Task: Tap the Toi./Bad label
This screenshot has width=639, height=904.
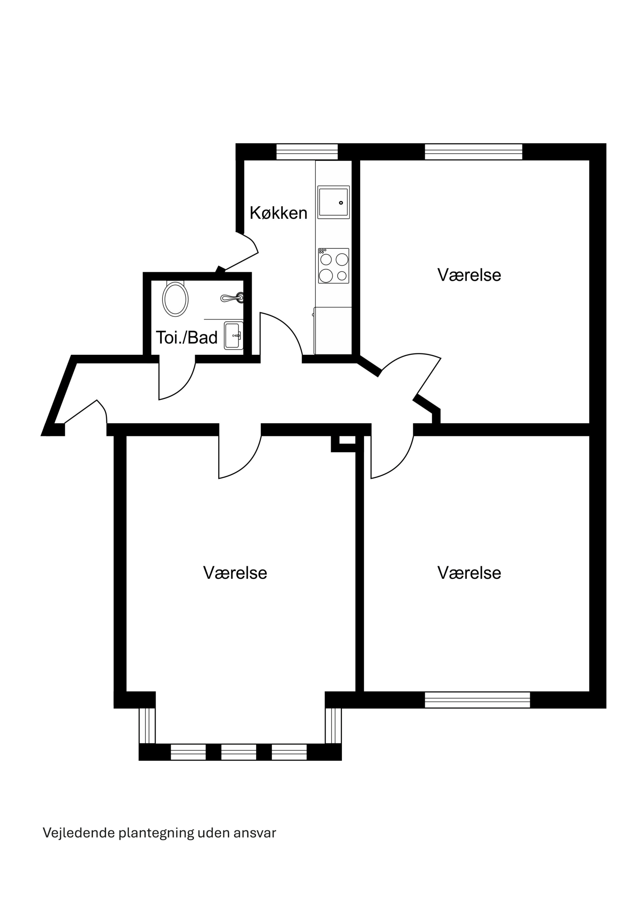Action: pyautogui.click(x=187, y=338)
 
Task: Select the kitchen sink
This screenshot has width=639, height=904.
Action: pyautogui.click(x=334, y=202)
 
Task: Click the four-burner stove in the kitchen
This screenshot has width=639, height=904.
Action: pyautogui.click(x=334, y=266)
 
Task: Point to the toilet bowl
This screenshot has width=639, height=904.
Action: pyautogui.click(x=175, y=299)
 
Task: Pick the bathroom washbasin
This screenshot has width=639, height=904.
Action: pyautogui.click(x=234, y=335)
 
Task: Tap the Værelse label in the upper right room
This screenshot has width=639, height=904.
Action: pyautogui.click(x=469, y=275)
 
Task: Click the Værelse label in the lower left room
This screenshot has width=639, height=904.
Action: pyautogui.click(x=235, y=572)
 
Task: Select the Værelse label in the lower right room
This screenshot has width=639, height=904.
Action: pyautogui.click(x=469, y=572)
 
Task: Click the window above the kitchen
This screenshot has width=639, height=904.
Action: pyautogui.click(x=307, y=151)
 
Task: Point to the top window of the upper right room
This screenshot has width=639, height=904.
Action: pyautogui.click(x=474, y=151)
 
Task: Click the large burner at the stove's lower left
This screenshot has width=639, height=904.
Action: pyautogui.click(x=326, y=275)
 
